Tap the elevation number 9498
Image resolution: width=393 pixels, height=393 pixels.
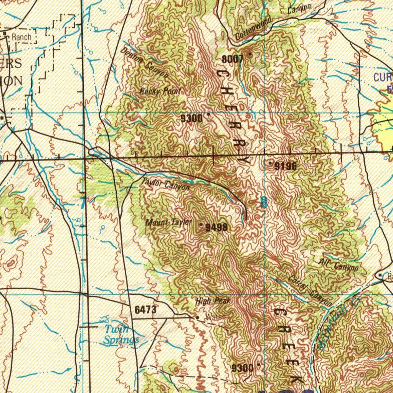(x=217, y=228)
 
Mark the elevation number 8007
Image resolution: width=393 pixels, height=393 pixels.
(x=232, y=59)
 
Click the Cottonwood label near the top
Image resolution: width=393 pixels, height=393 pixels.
(x=254, y=28)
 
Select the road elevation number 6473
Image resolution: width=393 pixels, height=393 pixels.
(x=145, y=309)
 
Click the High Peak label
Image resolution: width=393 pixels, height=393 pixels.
(x=213, y=301)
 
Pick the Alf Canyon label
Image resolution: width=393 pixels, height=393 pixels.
(x=339, y=264)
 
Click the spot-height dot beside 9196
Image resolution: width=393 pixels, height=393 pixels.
(x=270, y=163)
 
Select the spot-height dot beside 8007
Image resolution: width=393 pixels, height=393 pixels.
(x=251, y=54)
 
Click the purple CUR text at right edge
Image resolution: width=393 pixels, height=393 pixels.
(x=383, y=77)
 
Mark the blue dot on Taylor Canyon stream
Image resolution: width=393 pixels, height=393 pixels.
(x=192, y=182)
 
